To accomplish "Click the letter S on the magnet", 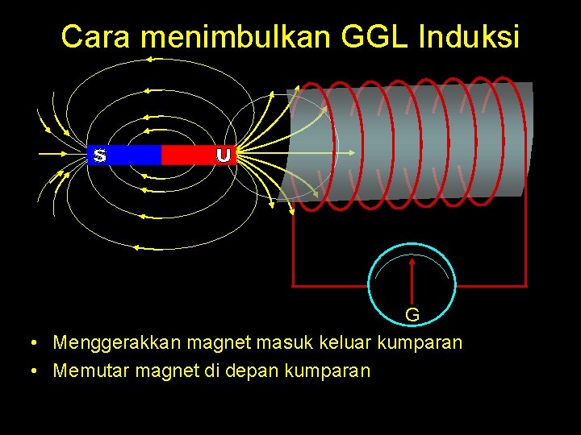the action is [x=99, y=155].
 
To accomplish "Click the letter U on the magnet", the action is [x=224, y=155].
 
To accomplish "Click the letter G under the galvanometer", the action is [x=412, y=314].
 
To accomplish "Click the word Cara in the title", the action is [x=94, y=37].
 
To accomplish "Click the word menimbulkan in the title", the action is [x=235, y=37].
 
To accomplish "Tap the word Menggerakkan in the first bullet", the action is [x=117, y=343].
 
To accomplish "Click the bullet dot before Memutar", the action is [x=30, y=371].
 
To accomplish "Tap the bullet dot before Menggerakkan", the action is [x=30, y=343].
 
